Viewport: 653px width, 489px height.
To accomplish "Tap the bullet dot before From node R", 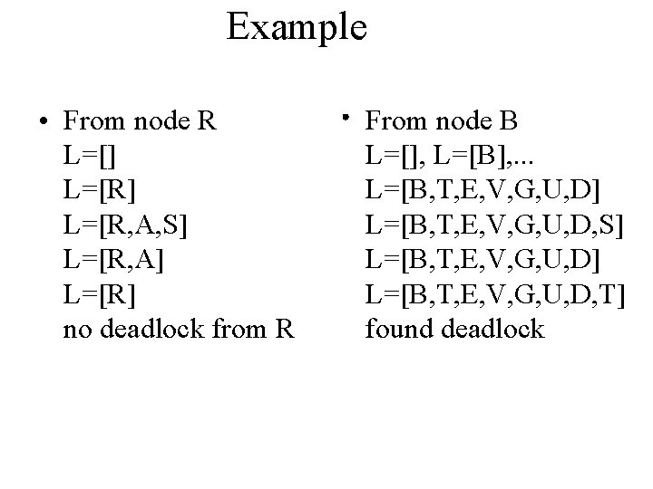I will click(32, 121).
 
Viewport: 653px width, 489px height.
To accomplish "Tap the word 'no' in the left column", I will click(76, 329).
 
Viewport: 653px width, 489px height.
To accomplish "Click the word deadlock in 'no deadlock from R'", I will click(163, 329).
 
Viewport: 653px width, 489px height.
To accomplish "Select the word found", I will click(400, 329).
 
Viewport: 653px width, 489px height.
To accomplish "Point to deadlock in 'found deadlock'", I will click(493, 329).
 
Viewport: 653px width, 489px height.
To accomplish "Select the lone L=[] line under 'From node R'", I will click(88, 156).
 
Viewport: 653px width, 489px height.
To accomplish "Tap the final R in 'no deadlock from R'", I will click(282, 329).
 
